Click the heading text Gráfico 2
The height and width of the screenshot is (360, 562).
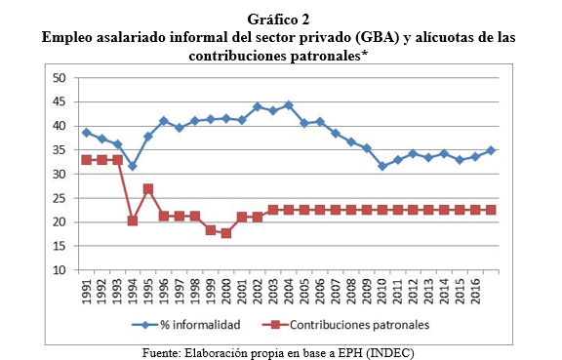tap(280, 18)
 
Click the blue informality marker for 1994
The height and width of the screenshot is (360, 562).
tap(132, 166)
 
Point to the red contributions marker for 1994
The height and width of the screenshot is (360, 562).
tap(132, 220)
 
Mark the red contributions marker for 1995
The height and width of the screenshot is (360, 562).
tap(149, 188)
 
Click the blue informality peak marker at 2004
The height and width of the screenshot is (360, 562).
tap(289, 104)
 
